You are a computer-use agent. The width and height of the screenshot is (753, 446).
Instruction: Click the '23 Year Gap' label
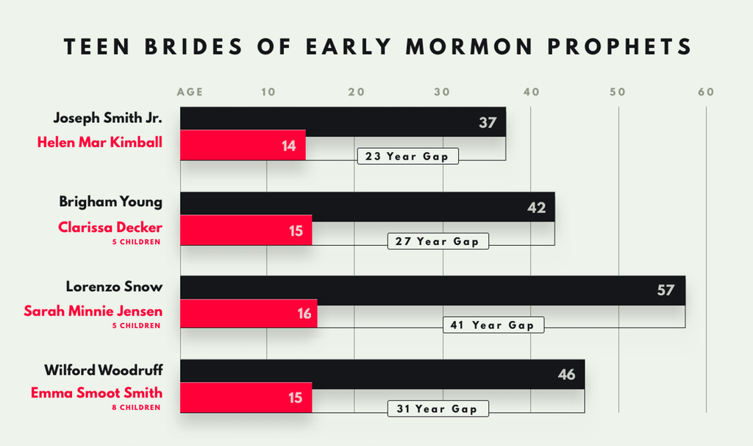coord(407,156)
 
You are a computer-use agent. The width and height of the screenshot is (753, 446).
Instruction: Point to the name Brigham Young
coord(111,202)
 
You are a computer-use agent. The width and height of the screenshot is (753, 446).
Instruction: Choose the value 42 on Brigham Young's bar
coord(536,208)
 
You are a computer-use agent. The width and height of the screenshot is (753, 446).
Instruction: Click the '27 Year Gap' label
coord(438,241)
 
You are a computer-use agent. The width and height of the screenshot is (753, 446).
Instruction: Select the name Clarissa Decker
coord(110,227)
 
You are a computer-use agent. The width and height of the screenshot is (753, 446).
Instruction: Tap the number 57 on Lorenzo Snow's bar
coord(665,290)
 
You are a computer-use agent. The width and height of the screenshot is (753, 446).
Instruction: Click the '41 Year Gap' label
coord(493,325)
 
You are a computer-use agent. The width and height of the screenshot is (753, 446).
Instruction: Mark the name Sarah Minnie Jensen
coord(93,311)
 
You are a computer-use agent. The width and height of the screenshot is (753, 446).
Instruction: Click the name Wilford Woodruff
coord(103,369)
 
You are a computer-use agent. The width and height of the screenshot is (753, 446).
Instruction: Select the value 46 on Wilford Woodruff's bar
coord(566,375)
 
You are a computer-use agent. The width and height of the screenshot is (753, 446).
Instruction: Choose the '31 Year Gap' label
coord(438,409)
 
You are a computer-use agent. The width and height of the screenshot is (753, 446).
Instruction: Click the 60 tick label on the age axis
coord(706,92)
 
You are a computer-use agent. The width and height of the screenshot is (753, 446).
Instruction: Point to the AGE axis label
coord(190,93)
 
